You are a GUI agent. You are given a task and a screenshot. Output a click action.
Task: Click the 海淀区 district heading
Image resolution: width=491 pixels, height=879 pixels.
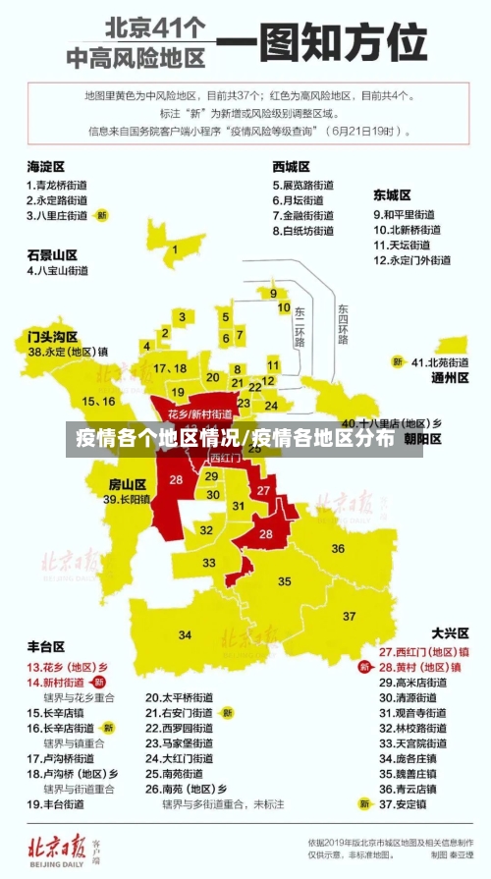45,166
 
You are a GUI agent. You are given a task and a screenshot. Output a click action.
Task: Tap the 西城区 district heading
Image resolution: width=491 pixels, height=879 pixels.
292,166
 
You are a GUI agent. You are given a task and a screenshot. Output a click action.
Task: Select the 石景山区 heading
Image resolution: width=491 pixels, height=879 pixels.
52,253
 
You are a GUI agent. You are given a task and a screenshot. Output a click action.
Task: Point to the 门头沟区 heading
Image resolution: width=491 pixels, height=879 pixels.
52,336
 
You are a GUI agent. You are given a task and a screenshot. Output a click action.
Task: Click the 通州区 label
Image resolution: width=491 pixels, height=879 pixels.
450,378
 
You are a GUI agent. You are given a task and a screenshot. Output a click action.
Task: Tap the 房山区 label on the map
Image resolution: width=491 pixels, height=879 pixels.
127,483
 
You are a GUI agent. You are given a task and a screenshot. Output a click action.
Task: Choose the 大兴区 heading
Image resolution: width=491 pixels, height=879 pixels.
450,633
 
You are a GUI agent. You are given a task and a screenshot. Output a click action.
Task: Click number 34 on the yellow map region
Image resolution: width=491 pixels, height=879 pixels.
185,635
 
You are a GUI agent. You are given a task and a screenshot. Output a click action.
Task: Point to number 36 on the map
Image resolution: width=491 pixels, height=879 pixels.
338,548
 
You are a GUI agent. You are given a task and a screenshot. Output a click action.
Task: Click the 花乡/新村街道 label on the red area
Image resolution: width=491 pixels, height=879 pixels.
199,414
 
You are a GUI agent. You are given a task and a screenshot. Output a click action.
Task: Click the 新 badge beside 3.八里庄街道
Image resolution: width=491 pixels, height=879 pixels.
101,215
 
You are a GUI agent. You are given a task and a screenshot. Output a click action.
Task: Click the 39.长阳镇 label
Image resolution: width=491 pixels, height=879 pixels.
127,499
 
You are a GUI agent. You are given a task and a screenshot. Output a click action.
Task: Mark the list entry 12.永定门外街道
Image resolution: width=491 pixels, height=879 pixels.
411,260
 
